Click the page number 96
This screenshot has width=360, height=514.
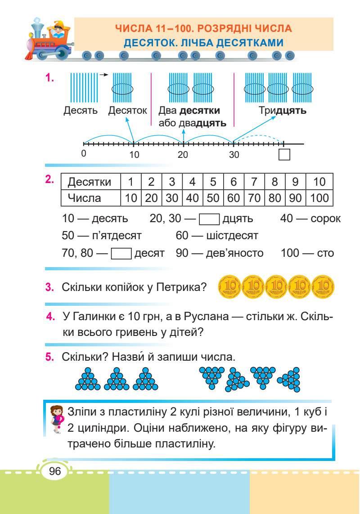pyautogui.click(x=54, y=471)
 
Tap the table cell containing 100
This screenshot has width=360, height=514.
pyautogui.click(x=319, y=197)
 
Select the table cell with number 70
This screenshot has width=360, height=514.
pyautogui.click(x=254, y=197)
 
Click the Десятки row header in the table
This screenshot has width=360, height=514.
pyautogui.click(x=89, y=182)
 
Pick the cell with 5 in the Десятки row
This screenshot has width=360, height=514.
pyautogui.click(x=213, y=182)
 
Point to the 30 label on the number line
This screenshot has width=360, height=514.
pyautogui.click(x=234, y=155)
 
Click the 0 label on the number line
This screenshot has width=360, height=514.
pyautogui.click(x=84, y=153)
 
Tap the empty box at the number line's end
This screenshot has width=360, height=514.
pyautogui.click(x=284, y=155)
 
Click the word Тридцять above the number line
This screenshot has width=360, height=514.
pyautogui.click(x=282, y=111)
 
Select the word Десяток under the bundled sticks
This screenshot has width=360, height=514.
pyautogui.click(x=128, y=111)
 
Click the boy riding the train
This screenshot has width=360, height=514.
pyautogui.click(x=55, y=32)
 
